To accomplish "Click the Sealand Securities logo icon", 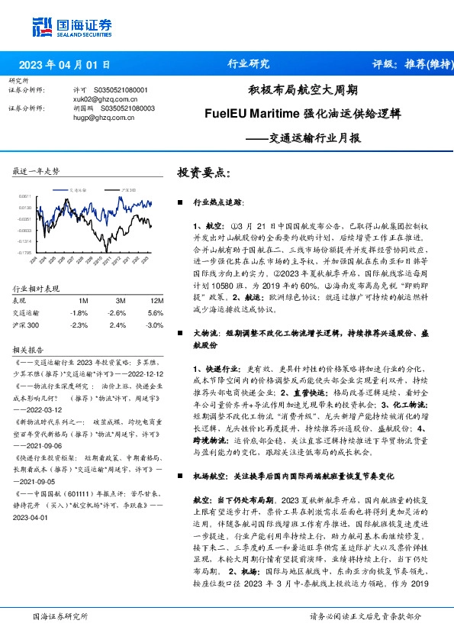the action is point(43,25).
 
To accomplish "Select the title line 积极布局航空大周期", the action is point(303,90).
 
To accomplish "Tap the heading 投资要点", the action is point(203,173).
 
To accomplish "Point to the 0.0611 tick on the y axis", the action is point(26,197).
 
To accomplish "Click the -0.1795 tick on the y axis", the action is point(25,251).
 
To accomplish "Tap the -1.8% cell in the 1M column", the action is point(79,312).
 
